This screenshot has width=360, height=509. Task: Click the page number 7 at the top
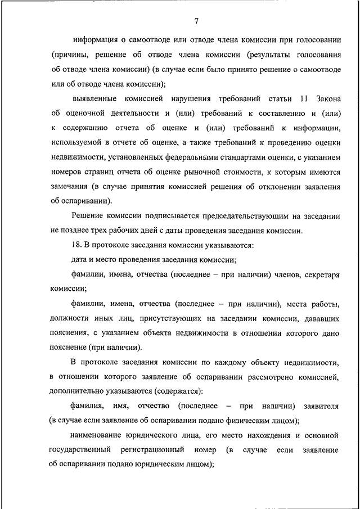196,22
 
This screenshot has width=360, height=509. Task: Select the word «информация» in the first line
96,40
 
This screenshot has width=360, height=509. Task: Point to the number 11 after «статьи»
305,99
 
